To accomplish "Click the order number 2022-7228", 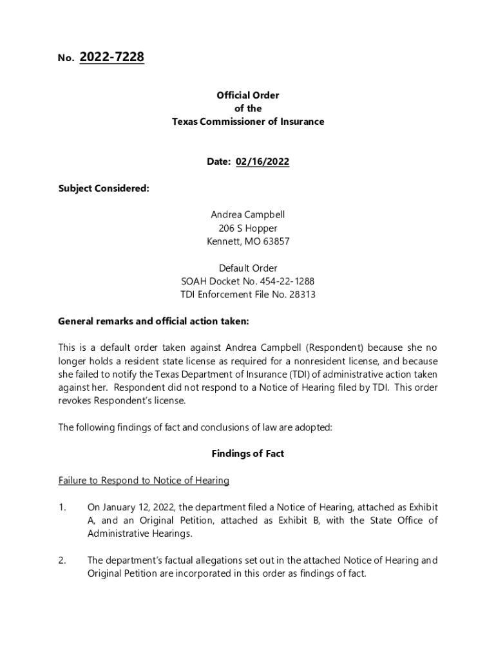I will click(111, 58).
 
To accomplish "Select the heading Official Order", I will click(248, 95).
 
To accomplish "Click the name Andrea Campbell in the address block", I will click(248, 215).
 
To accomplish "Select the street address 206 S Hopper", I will click(248, 228).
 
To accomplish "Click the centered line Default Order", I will click(248, 268).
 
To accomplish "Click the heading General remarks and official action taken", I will click(153, 321).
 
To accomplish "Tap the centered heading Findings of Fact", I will click(248, 454).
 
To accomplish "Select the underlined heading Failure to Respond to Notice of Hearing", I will click(144, 481).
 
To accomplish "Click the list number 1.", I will click(62, 508).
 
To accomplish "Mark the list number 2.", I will click(62, 561).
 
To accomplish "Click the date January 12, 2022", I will click(133, 508).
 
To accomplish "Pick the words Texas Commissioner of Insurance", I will click(248, 122).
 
